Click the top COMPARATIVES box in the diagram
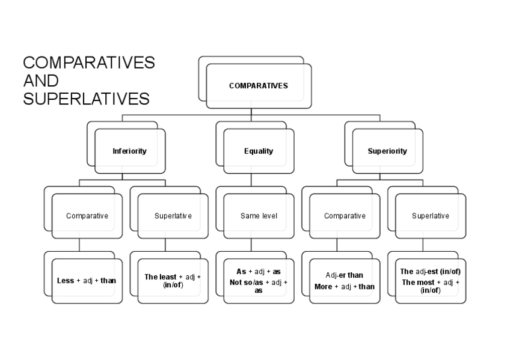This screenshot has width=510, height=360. coord(259,85)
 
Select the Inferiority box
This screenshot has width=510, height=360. coord(129,151)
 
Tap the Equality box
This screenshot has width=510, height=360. coord(259,151)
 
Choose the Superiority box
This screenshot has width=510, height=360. coord(387,151)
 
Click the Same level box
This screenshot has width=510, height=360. coord(259,216)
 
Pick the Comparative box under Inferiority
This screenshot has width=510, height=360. coord(87,216)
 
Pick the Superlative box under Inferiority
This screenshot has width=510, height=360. coord(173,216)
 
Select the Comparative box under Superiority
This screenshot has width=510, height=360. coord(345,216)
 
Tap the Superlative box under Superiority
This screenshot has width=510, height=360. coord(431,216)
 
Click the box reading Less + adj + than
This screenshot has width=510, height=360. coord(87,281)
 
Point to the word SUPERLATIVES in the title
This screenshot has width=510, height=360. coord(86,99)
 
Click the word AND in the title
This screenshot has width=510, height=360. coord(41,81)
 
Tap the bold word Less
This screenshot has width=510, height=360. coord(66,281)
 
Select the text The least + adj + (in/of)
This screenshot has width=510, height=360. coord(173,281)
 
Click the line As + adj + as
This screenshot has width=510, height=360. coord(259,272)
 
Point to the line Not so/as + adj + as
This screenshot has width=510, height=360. coord(259,286)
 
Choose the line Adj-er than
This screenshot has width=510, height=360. coord(345,275)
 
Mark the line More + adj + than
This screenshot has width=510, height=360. coord(345,287)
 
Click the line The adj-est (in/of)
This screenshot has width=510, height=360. coord(431,272)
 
